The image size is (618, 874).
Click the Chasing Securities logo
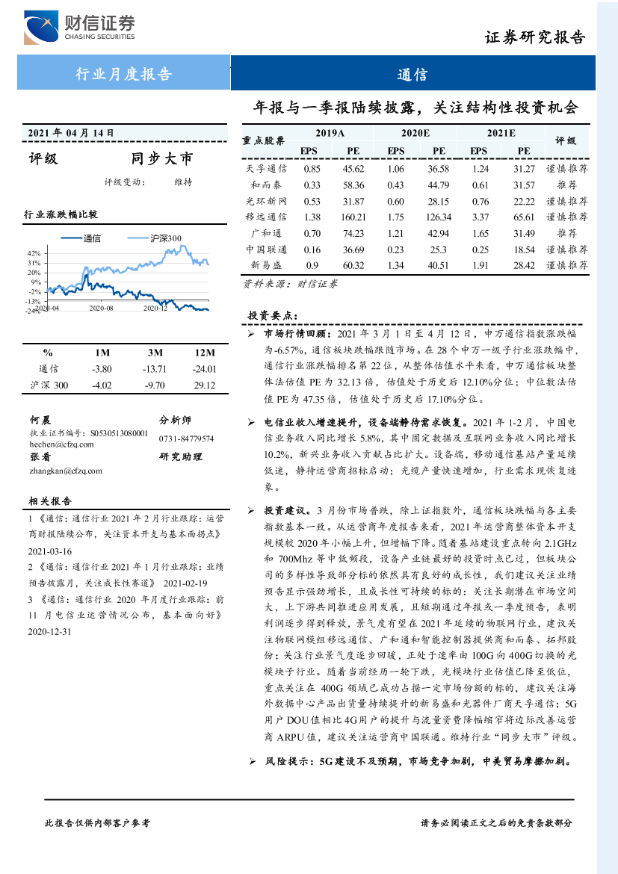(79, 28)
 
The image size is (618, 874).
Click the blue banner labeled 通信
(412, 74)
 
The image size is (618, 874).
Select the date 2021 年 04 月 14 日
(71, 133)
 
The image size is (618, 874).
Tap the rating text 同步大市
(161, 158)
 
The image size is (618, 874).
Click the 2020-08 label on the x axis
(101, 308)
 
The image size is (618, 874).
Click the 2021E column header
(501, 134)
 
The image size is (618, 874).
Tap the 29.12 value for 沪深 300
(203, 385)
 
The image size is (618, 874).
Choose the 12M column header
(204, 353)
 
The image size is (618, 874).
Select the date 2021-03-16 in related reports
(49, 551)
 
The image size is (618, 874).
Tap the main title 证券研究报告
(534, 38)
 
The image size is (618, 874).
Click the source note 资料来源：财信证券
(290, 284)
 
